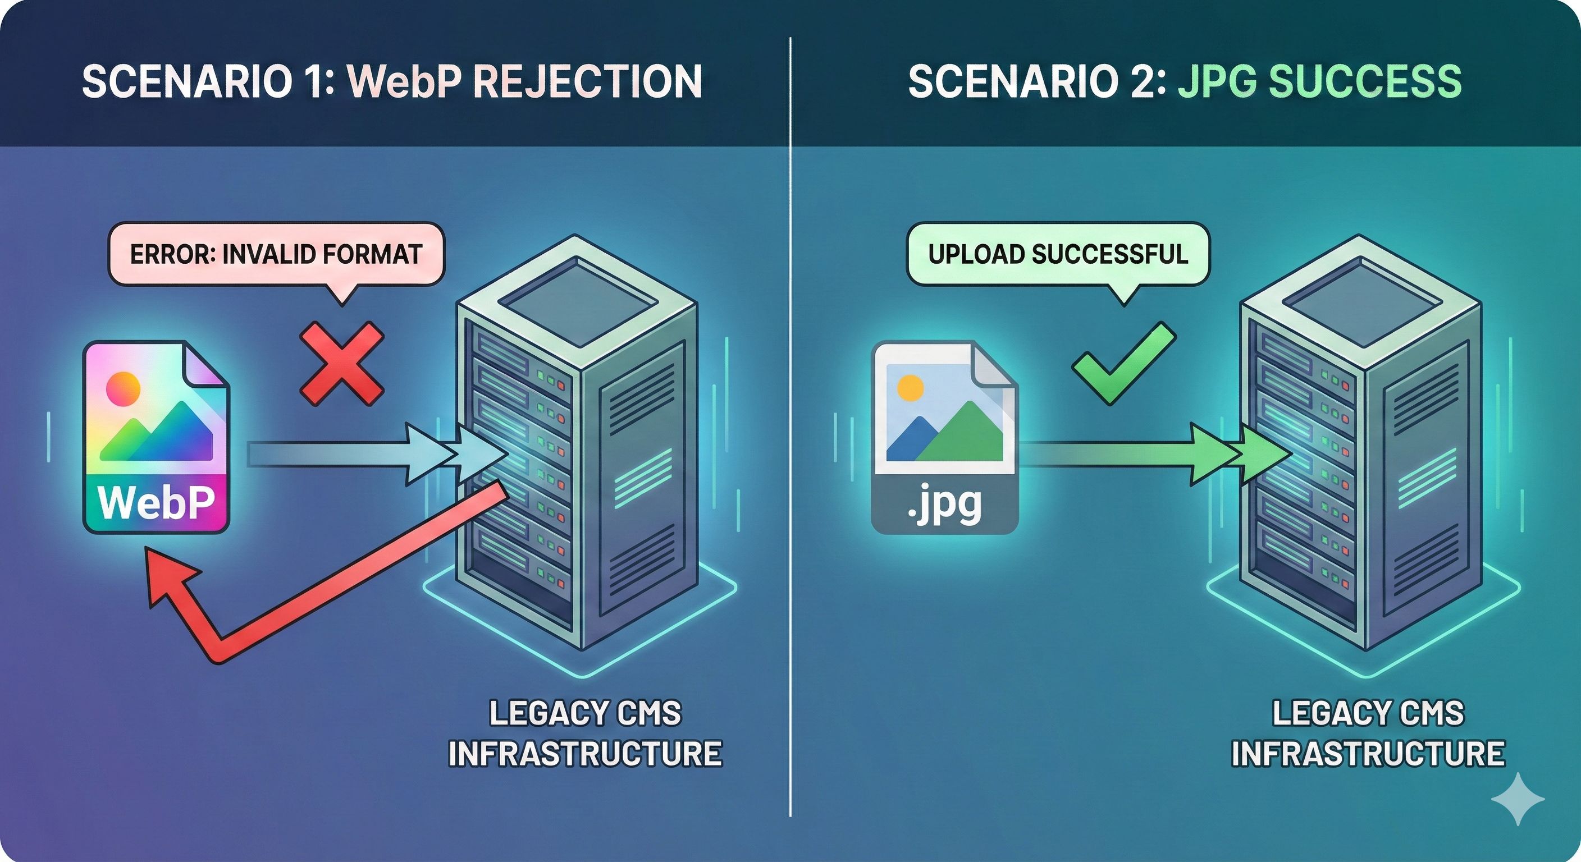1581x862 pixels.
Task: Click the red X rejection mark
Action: (342, 363)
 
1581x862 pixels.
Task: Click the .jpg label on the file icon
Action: (944, 505)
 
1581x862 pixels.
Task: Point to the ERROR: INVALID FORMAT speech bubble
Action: (276, 254)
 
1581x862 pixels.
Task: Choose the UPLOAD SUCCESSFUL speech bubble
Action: (1058, 254)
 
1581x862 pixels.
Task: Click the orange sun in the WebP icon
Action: (123, 388)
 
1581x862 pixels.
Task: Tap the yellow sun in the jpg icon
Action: (910, 388)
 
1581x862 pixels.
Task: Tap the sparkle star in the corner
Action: (1518, 799)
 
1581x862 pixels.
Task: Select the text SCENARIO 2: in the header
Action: (1037, 81)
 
